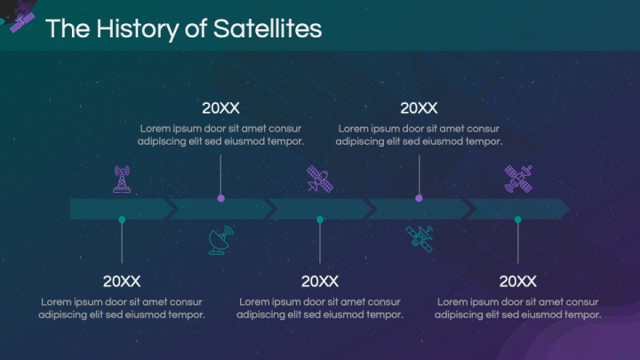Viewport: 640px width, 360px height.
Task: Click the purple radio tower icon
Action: (122, 179)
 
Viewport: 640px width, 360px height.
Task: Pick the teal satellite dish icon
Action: (221, 240)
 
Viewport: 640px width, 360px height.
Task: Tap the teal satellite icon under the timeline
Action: (420, 239)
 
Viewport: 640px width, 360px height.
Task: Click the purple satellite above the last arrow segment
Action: (518, 179)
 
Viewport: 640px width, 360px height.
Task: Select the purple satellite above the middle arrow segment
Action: (320, 180)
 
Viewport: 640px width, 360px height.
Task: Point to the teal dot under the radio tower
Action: (122, 220)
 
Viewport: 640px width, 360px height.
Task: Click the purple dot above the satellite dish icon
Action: (220, 198)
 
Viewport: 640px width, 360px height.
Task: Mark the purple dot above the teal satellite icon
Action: (419, 198)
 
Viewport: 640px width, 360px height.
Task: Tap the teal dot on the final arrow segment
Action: (518, 220)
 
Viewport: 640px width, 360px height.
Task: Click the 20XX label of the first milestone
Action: (122, 282)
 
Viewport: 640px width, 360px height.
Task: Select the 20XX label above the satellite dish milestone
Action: (220, 108)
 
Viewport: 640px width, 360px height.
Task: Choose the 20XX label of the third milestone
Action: (320, 282)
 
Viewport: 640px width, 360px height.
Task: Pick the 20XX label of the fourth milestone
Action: (419, 108)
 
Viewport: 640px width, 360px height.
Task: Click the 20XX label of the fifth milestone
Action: (518, 282)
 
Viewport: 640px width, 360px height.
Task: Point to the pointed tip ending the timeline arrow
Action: (565, 209)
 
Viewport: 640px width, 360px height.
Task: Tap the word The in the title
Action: (63, 28)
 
